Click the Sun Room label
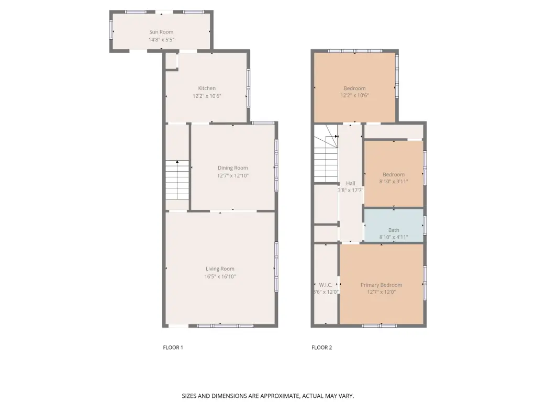coord(161,32)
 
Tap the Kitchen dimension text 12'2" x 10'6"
coord(207,96)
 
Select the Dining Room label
coord(233,168)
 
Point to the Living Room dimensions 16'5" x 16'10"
coord(220,276)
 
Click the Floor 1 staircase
coord(177,180)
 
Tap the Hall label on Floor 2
coord(350,183)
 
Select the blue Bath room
coord(394,226)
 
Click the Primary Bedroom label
coord(381,285)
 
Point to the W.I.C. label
coord(326,285)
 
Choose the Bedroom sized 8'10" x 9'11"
coord(394,174)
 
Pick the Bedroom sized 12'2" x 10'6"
coord(354,87)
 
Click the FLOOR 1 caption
coord(173,348)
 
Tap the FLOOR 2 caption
coord(322,348)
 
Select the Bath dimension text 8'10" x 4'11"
coord(394,237)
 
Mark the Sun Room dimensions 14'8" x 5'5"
coord(161,40)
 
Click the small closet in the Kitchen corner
coord(171,61)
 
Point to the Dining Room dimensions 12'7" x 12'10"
coord(233,176)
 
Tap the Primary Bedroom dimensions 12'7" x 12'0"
coord(381,292)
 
